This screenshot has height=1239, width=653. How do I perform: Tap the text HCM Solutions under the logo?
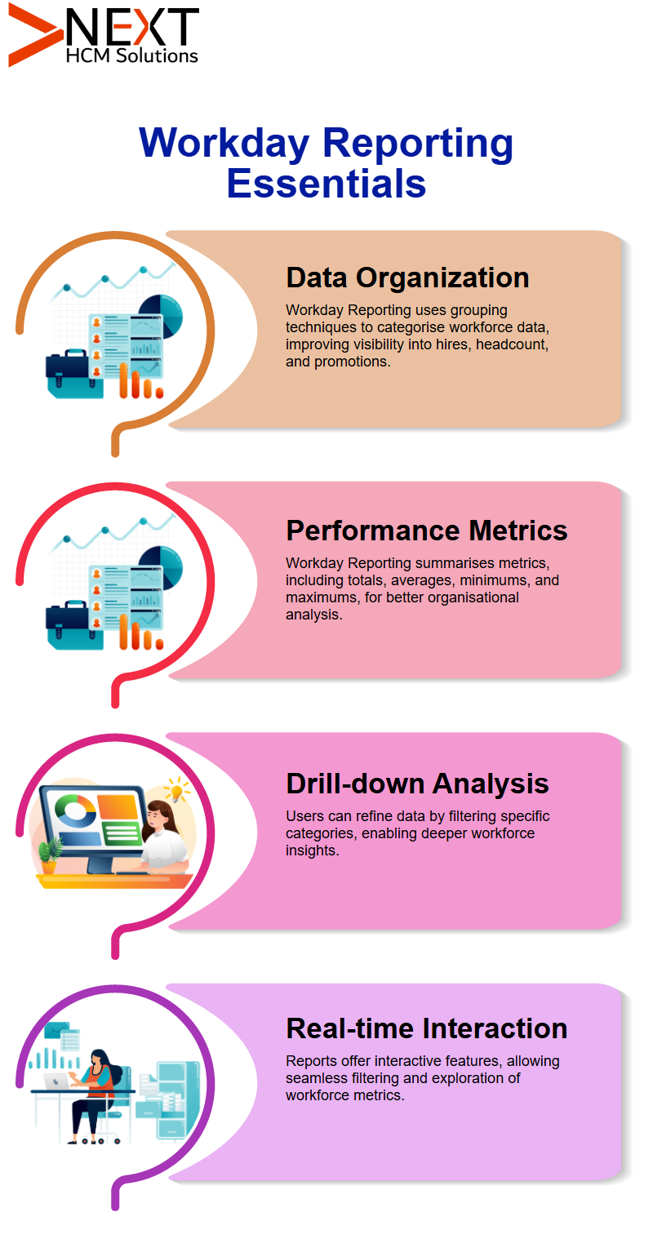click(x=131, y=56)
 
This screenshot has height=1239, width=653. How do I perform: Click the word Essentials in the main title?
click(x=326, y=184)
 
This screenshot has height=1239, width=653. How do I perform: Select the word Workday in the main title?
click(x=224, y=144)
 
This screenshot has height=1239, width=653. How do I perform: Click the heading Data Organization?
click(x=407, y=278)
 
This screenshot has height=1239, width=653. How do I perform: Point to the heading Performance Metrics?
click(x=426, y=531)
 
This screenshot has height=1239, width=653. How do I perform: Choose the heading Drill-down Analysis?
click(x=417, y=784)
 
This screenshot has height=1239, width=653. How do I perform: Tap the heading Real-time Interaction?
click(x=426, y=1028)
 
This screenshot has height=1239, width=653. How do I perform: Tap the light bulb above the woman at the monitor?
click(x=175, y=789)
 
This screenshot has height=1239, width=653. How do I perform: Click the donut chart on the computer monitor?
click(x=75, y=810)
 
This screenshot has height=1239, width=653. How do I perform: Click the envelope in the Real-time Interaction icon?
click(x=56, y=1030)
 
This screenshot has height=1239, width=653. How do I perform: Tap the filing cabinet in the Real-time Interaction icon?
click(x=177, y=1101)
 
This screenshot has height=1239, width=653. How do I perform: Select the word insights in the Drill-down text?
click(x=311, y=850)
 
